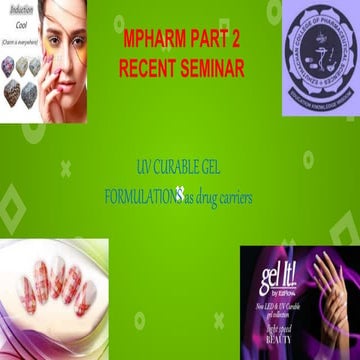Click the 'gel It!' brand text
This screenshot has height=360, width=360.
[x=267, y=271]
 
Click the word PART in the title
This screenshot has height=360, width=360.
[x=219, y=45]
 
